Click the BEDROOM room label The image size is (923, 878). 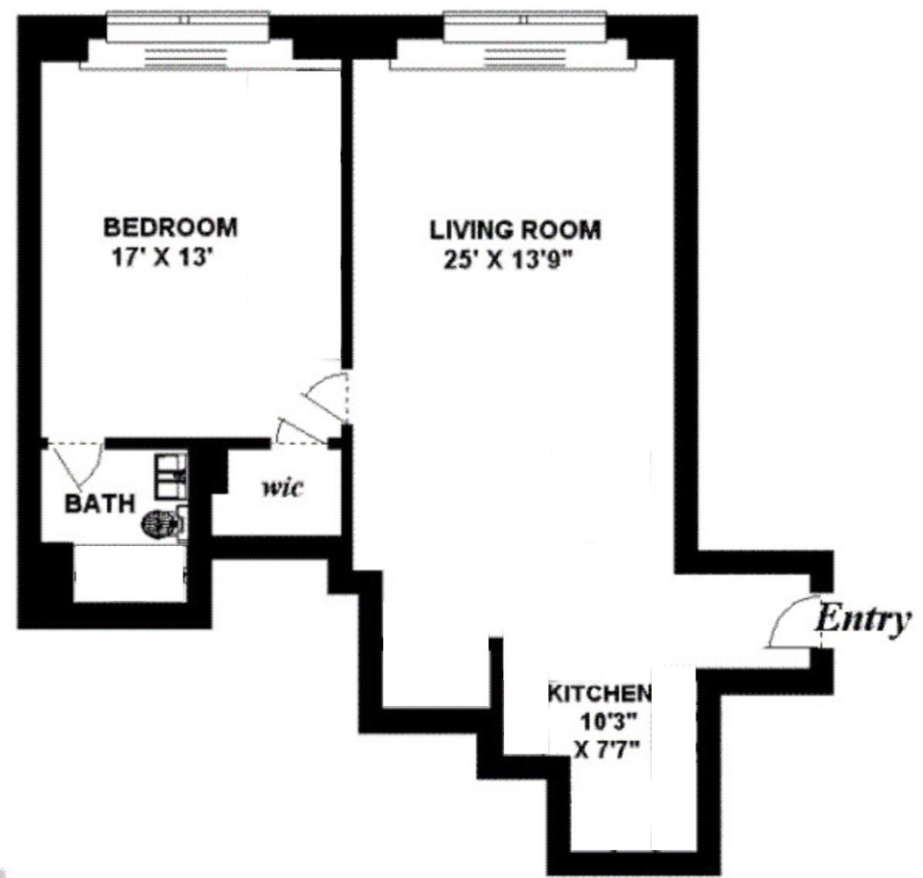tap(170, 227)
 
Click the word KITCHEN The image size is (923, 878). tap(600, 693)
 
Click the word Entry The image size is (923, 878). tap(862, 620)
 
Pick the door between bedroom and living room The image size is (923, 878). tap(328, 392)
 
